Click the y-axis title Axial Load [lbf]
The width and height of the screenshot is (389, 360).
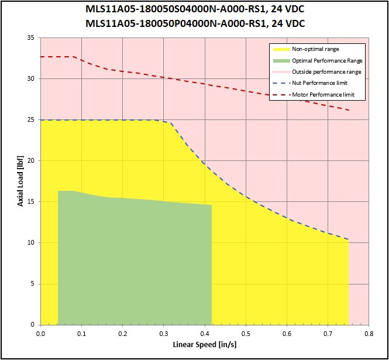click(21, 181)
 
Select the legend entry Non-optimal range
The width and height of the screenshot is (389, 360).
click(315, 49)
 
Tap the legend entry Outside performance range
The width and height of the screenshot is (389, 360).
click(326, 71)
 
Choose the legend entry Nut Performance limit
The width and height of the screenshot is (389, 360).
click(319, 83)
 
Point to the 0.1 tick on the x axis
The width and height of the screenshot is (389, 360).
click(82, 334)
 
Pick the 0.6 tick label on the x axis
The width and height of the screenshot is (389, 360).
click(287, 334)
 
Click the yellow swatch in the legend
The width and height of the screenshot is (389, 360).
click(280, 49)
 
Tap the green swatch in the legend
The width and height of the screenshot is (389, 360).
click(280, 60)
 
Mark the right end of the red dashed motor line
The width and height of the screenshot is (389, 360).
click(349, 110)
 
